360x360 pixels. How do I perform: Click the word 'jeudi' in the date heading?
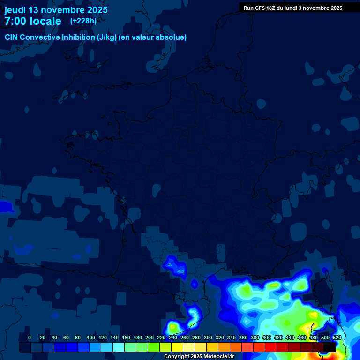15,10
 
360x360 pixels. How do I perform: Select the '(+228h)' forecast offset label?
83,21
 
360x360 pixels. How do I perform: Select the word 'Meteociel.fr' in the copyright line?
218,356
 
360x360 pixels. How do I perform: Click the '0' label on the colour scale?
30,337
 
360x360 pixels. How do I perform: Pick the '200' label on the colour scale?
150,337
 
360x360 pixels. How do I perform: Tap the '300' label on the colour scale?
208,337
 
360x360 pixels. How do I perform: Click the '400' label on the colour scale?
266,337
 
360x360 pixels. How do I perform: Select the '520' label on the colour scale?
337,337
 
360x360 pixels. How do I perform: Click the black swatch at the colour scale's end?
330,347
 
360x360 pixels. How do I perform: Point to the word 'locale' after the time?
45,21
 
